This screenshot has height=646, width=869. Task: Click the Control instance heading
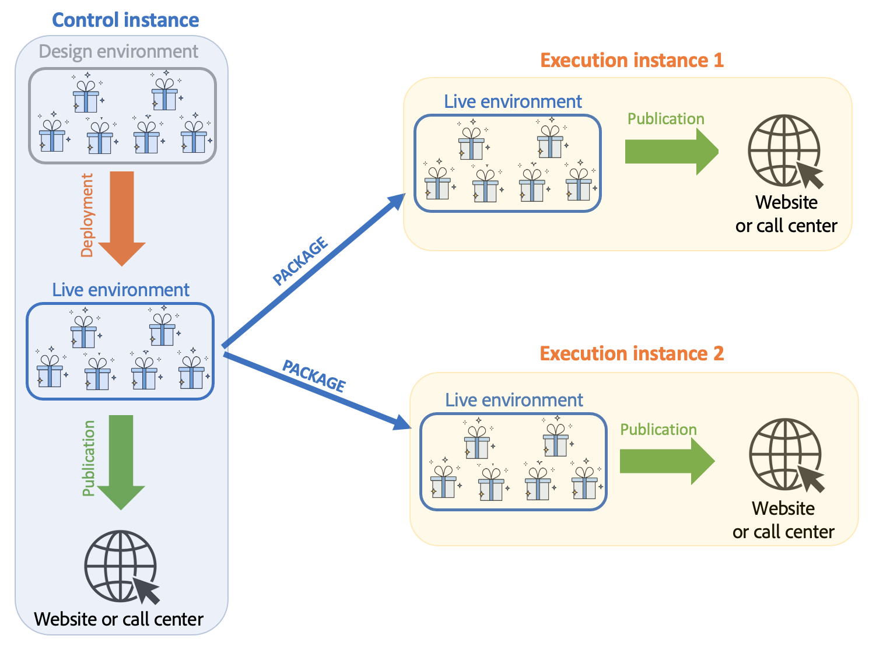coord(125,20)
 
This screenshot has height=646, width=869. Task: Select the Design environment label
coord(118,51)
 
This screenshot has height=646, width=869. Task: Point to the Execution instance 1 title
coord(632,60)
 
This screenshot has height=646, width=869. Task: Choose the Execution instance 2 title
coord(632,353)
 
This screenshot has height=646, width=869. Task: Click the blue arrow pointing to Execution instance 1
coord(315,271)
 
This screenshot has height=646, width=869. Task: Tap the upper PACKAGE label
coord(300,262)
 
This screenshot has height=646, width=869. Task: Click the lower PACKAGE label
coord(314,375)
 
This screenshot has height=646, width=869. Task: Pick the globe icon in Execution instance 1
coord(784,150)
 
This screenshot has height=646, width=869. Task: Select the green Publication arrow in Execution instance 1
coord(671,152)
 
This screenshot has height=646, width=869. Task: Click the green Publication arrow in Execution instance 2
coord(666,461)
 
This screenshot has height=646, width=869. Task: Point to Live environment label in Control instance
coord(121,290)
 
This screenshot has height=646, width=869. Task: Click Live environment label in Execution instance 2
coord(514,400)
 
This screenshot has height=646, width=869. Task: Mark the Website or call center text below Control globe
coord(119,619)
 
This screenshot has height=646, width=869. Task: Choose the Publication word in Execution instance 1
coord(665,119)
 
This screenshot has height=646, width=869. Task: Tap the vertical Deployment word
coord(87,215)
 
